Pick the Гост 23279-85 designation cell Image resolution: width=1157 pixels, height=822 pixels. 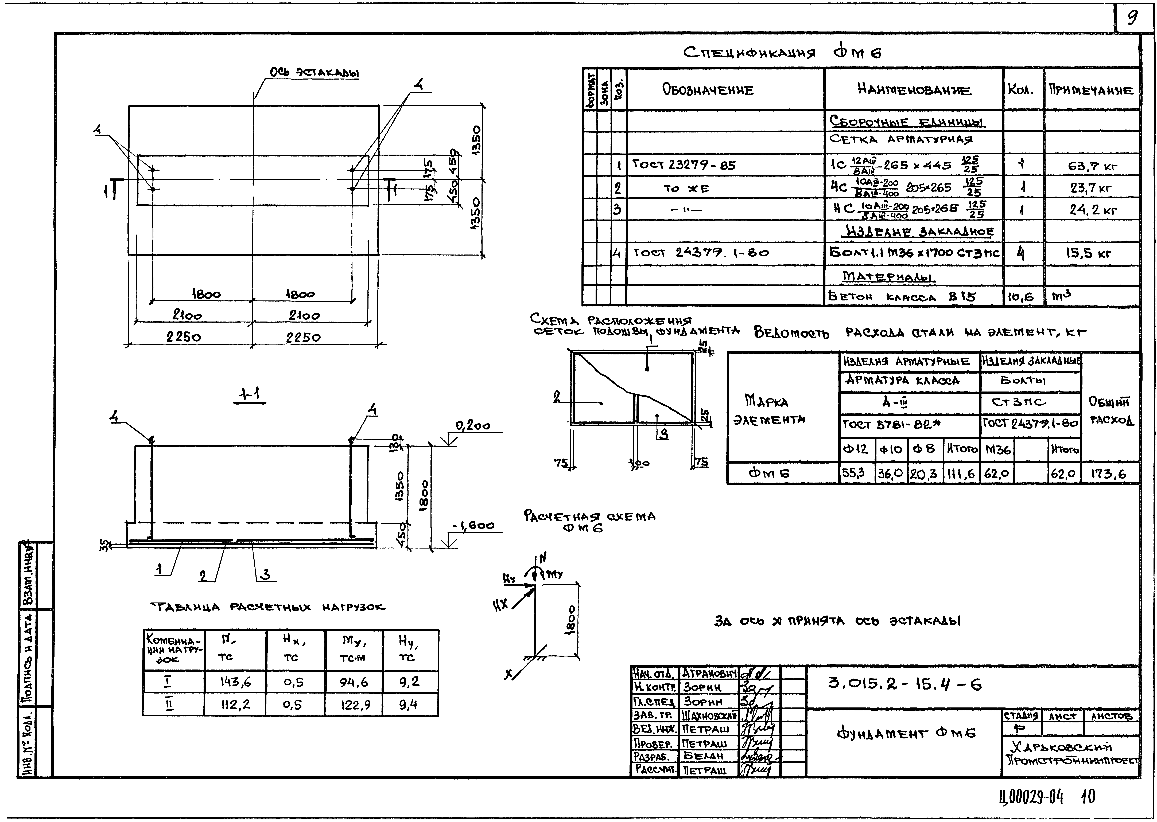pyautogui.click(x=684, y=165)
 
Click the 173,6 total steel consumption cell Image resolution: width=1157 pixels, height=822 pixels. pyautogui.click(x=1109, y=474)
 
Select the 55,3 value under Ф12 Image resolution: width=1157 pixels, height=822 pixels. pyautogui.click(x=854, y=473)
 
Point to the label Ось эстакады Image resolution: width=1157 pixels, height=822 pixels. pyautogui.click(x=314, y=73)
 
